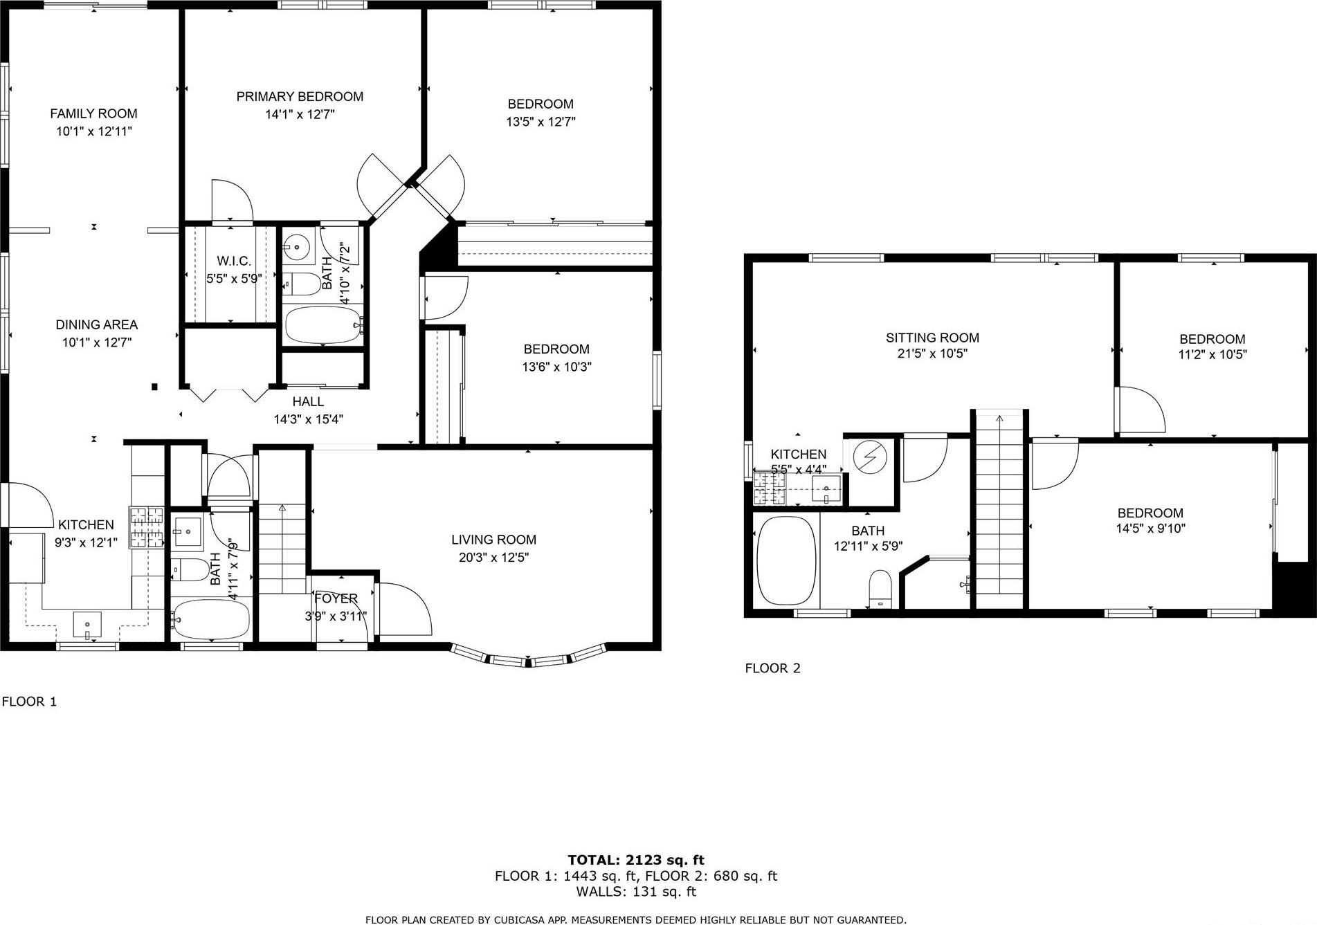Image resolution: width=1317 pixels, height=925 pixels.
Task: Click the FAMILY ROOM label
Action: coord(93,113)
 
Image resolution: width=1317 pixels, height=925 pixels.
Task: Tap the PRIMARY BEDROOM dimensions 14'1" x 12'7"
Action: coord(300,114)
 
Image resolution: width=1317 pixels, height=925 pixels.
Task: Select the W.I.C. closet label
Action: coord(233,261)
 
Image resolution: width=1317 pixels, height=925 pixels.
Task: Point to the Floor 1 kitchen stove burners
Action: coord(146,527)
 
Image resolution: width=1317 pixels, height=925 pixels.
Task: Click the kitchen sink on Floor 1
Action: coord(87,624)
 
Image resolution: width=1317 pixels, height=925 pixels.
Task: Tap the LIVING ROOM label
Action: coord(493,540)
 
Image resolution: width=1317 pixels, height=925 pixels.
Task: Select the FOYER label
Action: coord(336,598)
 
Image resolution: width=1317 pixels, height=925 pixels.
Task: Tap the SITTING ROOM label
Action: coord(932,338)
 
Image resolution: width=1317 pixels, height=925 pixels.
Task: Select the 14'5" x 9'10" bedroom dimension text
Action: coord(1150,529)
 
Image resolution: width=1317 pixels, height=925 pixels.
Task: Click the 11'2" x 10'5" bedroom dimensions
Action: coord(1212,354)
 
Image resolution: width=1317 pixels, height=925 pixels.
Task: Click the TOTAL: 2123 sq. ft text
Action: coord(635,860)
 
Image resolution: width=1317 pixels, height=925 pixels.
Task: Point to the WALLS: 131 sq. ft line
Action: coord(635,892)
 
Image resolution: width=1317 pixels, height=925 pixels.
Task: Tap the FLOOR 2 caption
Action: coord(772,668)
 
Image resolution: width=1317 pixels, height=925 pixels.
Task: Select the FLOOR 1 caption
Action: coord(29,702)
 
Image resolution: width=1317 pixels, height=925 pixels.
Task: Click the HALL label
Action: coord(308,401)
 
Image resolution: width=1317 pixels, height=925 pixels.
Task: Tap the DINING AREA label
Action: coord(96,324)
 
